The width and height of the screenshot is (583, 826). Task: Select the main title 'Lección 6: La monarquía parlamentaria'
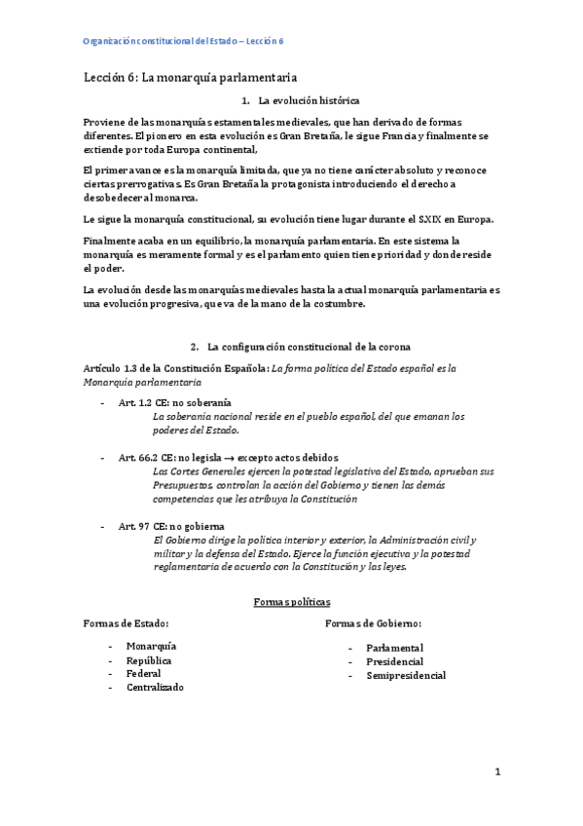[x=189, y=76]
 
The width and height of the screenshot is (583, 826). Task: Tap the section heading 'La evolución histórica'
[x=309, y=100]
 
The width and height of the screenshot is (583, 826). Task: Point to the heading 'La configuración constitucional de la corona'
[x=310, y=346]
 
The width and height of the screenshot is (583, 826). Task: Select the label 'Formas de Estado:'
[x=128, y=623]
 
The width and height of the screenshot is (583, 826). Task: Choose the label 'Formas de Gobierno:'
[x=379, y=623]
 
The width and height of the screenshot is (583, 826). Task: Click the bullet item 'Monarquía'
[x=151, y=646]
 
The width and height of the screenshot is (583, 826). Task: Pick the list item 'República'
[x=149, y=659]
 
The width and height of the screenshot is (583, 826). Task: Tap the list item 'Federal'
[x=143, y=673]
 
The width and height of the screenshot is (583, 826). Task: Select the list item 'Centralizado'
[x=155, y=687]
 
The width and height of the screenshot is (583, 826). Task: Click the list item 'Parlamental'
[x=394, y=648]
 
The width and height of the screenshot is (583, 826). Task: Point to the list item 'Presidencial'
[x=394, y=661]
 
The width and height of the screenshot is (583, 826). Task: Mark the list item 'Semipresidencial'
[x=406, y=675]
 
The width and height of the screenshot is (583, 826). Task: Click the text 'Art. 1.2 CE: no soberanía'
[x=174, y=402]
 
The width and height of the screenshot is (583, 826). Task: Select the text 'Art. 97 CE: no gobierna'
[x=170, y=526]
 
